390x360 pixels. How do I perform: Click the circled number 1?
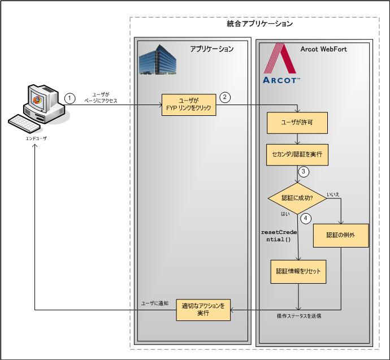click(x=70, y=97)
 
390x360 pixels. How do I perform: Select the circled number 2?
click(x=224, y=97)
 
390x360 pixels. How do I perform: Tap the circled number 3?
click(x=304, y=171)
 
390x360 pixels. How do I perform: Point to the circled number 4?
click(x=306, y=217)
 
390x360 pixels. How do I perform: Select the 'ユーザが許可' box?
click(x=297, y=122)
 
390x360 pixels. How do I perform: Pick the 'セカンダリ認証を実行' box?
click(x=297, y=153)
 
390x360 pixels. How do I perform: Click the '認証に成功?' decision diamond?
click(x=297, y=197)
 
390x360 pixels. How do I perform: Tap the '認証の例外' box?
click(x=341, y=235)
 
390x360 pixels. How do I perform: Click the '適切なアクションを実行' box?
click(x=203, y=309)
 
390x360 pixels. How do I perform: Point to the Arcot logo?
click(x=281, y=64)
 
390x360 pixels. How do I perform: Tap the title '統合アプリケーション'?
click(x=257, y=24)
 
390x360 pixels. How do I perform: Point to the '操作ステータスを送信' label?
click(x=300, y=315)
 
